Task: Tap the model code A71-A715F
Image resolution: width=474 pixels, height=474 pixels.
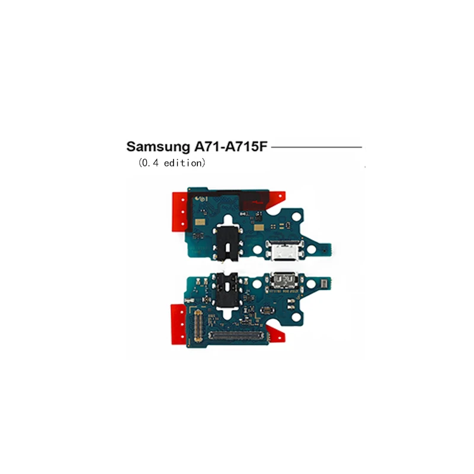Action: (232, 147)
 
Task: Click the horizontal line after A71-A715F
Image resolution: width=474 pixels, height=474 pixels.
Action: (316, 147)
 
